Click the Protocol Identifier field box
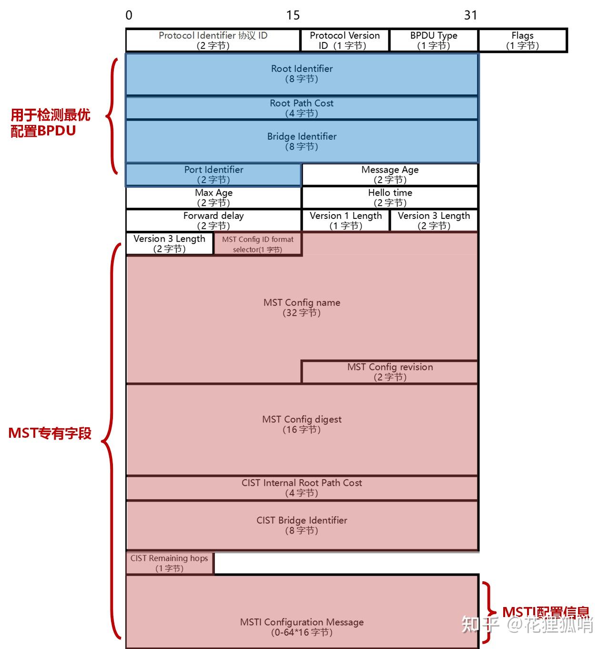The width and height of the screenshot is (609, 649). pyautogui.click(x=213, y=40)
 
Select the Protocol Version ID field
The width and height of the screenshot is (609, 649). pyautogui.click(x=345, y=40)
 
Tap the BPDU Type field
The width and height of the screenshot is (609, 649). pyautogui.click(x=434, y=40)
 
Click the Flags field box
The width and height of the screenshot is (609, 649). pyautogui.click(x=523, y=40)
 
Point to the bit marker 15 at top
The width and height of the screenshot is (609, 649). pyautogui.click(x=293, y=15)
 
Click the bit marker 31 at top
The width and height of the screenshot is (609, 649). pyautogui.click(x=470, y=15)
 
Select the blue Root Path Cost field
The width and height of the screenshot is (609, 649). pyautogui.click(x=302, y=108)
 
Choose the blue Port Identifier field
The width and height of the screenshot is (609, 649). pyautogui.click(x=213, y=175)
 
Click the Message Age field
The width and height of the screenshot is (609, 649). pyautogui.click(x=390, y=175)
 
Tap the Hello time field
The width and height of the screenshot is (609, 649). pyautogui.click(x=390, y=197)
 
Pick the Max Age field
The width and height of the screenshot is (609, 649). pyautogui.click(x=213, y=197)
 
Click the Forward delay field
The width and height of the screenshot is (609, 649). pyautogui.click(x=213, y=220)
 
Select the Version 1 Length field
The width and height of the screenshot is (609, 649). pyautogui.click(x=345, y=220)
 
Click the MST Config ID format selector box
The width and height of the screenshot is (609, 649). pyautogui.click(x=258, y=244)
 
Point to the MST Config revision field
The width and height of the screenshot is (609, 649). pyautogui.click(x=390, y=372)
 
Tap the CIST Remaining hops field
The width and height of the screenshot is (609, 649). pyautogui.click(x=170, y=563)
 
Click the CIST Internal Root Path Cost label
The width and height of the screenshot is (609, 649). pyautogui.click(x=302, y=483)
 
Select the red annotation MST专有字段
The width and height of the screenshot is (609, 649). pyautogui.click(x=50, y=433)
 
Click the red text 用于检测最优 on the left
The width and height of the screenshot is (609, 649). pyautogui.click(x=51, y=115)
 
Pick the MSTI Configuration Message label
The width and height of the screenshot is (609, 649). pyautogui.click(x=302, y=622)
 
